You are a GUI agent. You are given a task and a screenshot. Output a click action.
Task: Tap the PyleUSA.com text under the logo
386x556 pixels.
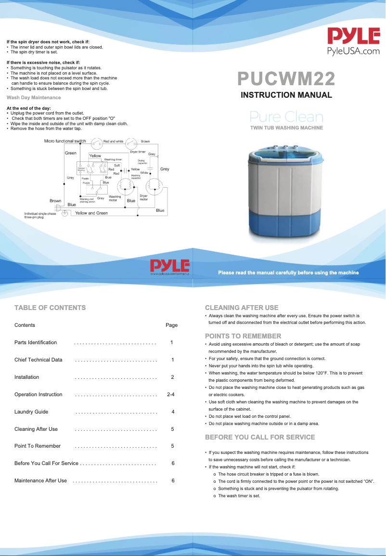[x=353, y=51]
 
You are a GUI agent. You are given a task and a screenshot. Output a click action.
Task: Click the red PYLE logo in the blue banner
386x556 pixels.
[x=170, y=266]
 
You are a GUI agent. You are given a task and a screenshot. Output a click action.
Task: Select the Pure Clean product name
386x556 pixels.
[x=286, y=117]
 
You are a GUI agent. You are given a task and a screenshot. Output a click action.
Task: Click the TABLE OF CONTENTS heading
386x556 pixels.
[x=50, y=308]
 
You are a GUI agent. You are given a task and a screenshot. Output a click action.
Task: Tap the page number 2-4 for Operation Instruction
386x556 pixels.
[x=170, y=395]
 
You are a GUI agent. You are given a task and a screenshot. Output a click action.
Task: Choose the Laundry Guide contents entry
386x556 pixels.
[x=31, y=412]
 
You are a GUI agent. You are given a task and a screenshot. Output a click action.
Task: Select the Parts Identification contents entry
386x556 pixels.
[x=36, y=343]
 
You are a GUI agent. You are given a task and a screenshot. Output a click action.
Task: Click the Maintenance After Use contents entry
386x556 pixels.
[x=40, y=481]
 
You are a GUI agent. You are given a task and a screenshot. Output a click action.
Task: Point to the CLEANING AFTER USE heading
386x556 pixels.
[x=242, y=308]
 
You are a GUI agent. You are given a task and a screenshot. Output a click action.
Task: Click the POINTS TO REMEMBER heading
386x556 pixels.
[x=243, y=336]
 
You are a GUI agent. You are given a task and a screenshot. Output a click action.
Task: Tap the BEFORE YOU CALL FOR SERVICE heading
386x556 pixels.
[x=260, y=437]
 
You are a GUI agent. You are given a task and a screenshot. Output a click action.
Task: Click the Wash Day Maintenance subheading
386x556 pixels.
[x=34, y=98]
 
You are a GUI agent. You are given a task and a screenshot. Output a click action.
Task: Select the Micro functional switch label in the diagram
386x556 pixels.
[x=65, y=141]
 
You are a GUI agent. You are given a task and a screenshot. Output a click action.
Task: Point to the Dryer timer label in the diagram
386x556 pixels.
[x=138, y=152]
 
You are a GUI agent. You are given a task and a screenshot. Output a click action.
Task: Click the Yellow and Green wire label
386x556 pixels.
[x=91, y=213]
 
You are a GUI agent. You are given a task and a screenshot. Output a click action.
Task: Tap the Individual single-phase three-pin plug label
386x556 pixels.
[x=40, y=215]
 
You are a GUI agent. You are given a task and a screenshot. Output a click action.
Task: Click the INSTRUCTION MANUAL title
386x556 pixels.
[x=286, y=95]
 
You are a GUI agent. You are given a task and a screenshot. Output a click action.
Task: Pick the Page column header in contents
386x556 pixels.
[x=171, y=325]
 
